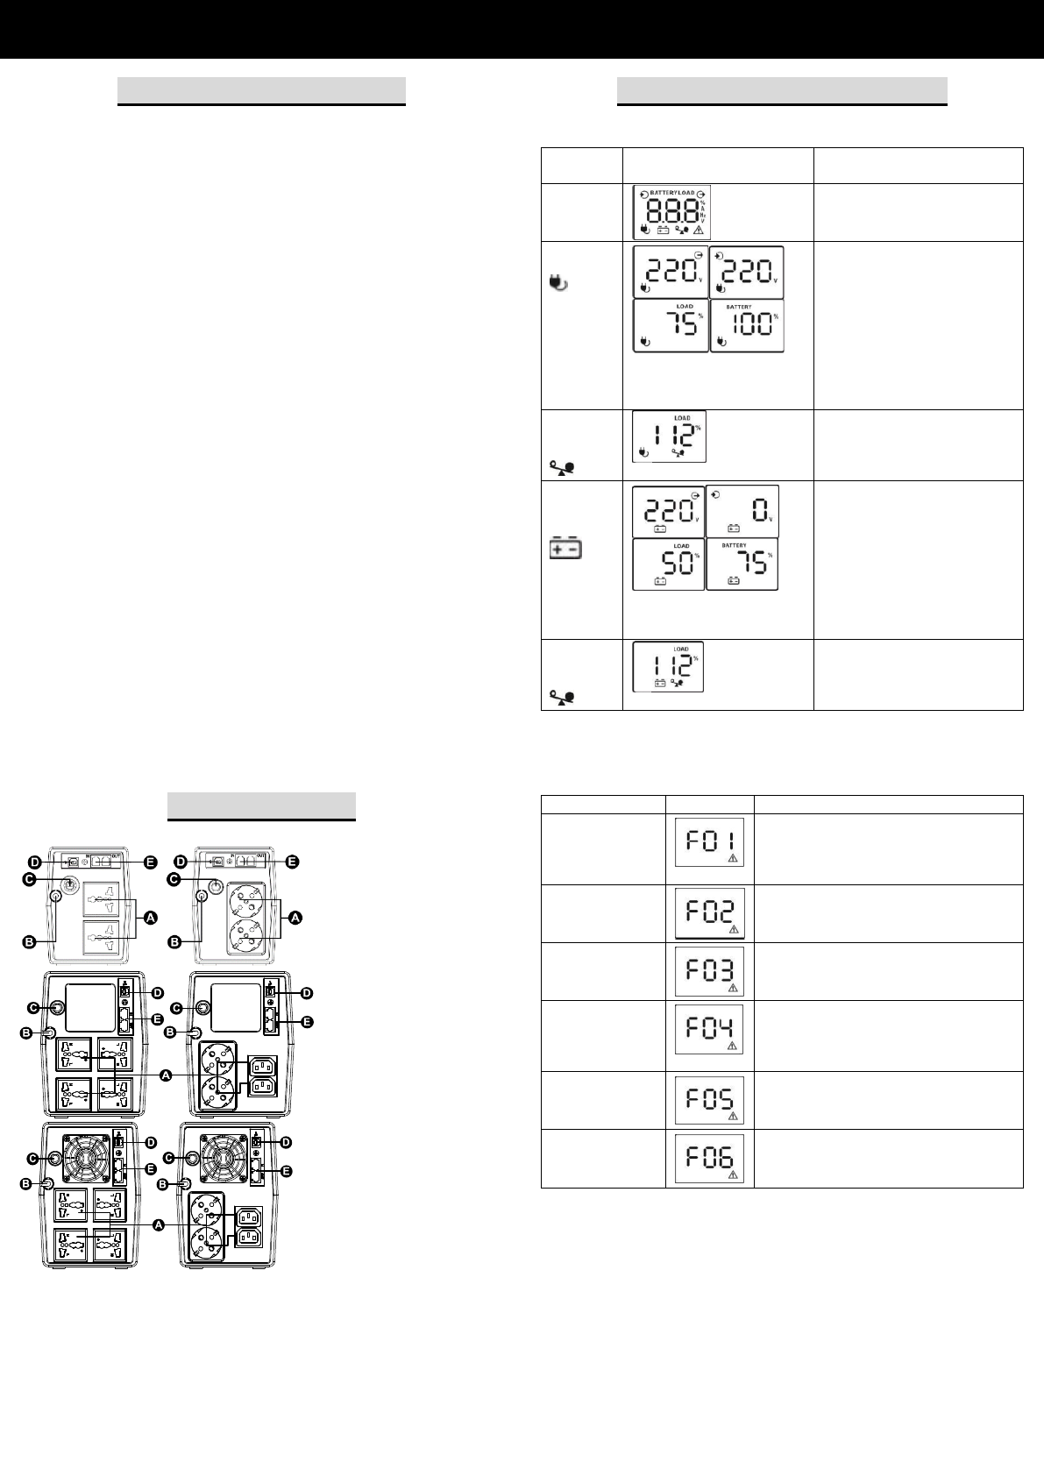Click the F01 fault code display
click(709, 842)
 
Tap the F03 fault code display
click(709, 970)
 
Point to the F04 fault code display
click(709, 1029)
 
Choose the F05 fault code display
click(709, 1099)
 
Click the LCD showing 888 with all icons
click(671, 212)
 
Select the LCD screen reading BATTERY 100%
click(747, 326)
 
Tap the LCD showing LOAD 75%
click(671, 326)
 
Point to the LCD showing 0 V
click(742, 511)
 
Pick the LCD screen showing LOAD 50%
click(668, 564)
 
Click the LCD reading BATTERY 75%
click(742, 564)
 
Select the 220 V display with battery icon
click(668, 511)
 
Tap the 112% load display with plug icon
click(669, 436)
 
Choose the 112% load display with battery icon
click(668, 667)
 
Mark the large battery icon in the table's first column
click(565, 549)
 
